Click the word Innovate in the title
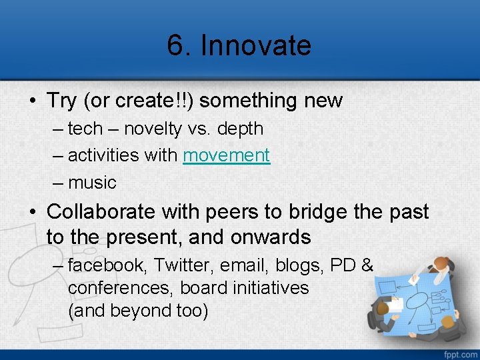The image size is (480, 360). (256, 45)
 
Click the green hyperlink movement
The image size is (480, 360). (226, 155)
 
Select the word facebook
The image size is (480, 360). (107, 265)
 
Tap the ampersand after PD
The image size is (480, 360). (367, 265)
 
